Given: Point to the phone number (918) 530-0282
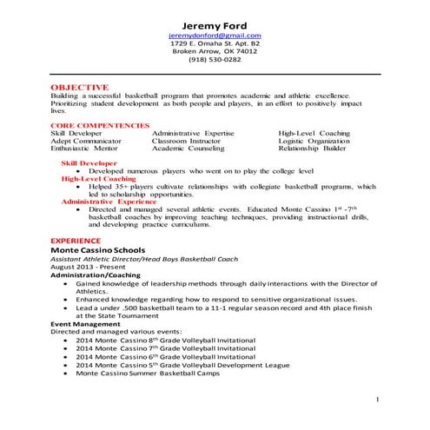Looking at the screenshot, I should click(214, 60).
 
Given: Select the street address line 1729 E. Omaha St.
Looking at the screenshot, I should click(214, 43).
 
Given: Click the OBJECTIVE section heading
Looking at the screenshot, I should click(79, 88).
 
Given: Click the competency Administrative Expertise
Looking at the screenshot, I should click(192, 134).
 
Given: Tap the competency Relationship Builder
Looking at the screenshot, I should click(313, 149).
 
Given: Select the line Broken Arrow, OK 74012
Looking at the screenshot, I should click(214, 51).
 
